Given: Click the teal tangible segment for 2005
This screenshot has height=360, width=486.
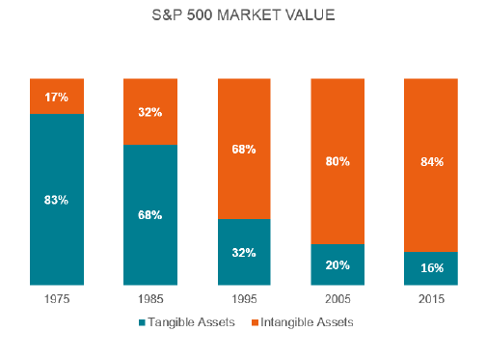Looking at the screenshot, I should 337,274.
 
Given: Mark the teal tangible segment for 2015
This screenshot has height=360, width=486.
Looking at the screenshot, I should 430,276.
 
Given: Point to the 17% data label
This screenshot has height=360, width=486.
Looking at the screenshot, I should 57,97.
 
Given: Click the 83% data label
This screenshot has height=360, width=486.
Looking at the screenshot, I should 57,200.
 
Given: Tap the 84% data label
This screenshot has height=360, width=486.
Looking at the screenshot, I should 430,162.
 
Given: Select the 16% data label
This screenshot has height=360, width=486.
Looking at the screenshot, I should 430,268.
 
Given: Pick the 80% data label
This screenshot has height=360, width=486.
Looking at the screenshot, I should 337,161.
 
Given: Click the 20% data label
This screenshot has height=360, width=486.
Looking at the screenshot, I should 337,263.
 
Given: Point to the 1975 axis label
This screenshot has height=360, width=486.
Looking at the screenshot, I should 57,299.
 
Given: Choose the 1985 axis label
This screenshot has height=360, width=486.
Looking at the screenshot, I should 150,299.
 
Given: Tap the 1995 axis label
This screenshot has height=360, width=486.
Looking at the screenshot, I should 244,299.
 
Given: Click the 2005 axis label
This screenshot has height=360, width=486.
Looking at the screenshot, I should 337,299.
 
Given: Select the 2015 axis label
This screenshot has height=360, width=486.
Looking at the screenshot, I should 430,299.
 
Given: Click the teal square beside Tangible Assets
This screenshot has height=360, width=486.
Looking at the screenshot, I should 143,322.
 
